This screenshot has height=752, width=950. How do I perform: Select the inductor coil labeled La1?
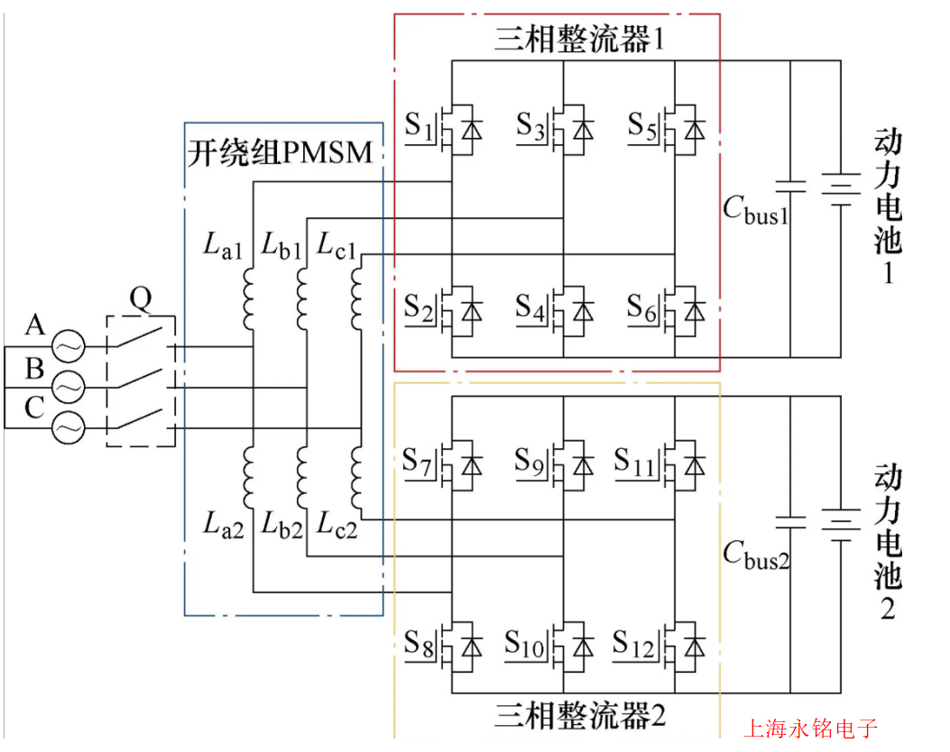249,302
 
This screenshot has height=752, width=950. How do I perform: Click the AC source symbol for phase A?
68,345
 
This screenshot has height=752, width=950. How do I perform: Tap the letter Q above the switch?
142,298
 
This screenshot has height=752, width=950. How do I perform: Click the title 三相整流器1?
579,41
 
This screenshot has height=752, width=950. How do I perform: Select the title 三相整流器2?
579,716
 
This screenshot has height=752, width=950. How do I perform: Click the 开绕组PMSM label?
280,151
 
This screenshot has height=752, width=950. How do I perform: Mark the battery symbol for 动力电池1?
841,189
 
